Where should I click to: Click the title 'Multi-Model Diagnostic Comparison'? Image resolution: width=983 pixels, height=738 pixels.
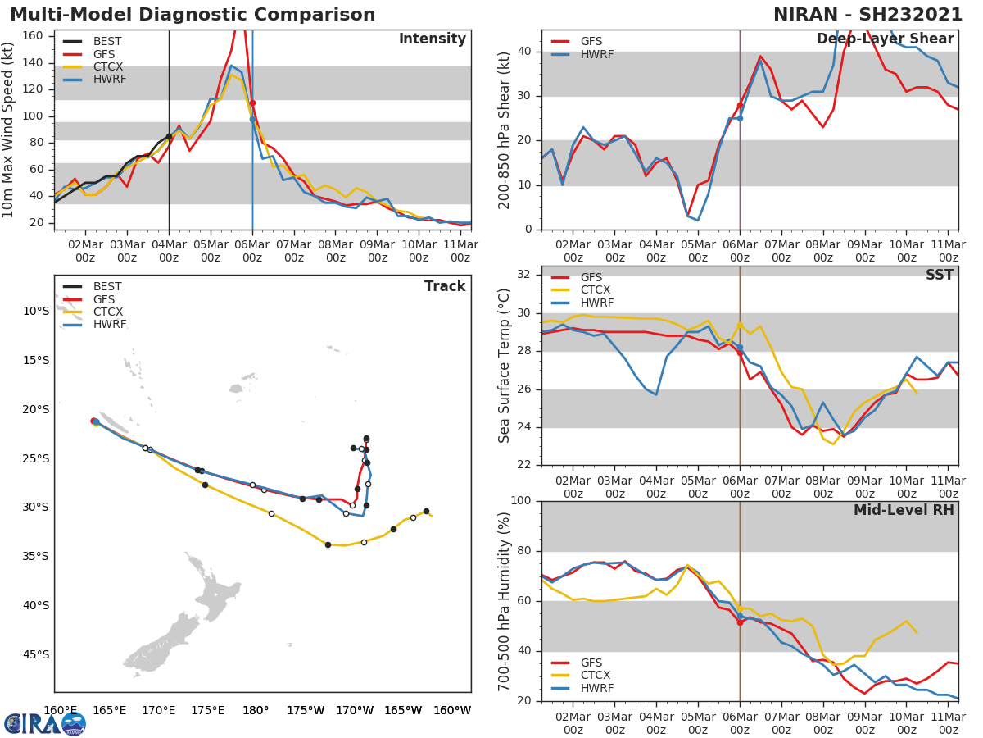[193, 15]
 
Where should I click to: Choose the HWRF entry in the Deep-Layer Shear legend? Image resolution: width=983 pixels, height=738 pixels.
[596, 54]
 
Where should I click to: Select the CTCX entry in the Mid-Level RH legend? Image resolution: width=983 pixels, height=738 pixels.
[596, 675]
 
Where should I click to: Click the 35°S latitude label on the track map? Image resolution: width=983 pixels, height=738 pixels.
[36, 556]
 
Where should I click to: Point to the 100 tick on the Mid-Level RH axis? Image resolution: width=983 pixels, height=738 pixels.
[520, 501]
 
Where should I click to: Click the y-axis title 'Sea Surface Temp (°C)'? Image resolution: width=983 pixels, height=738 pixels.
[505, 365]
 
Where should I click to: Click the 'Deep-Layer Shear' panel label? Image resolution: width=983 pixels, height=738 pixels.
[885, 39]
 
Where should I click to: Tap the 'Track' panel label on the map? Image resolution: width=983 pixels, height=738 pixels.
[445, 286]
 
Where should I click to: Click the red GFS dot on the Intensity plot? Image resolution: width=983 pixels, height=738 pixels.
[252, 103]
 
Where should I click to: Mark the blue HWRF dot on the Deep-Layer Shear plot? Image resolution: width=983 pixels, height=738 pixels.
[740, 118]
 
